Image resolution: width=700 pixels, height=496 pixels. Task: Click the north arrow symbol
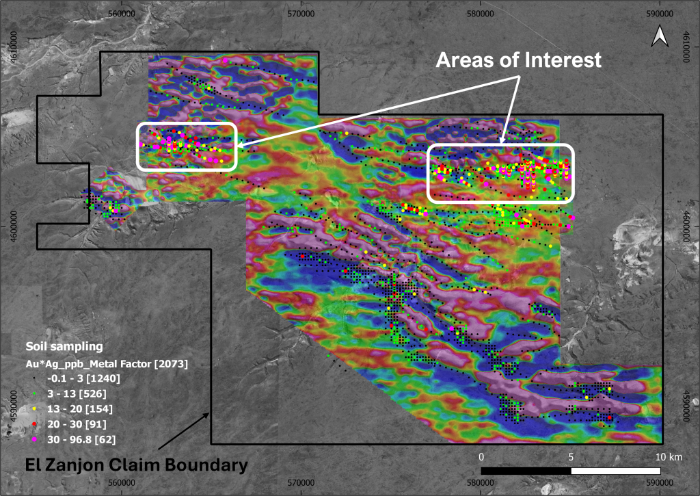coord(660,36)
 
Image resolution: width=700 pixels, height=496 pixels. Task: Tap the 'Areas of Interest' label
coord(519,60)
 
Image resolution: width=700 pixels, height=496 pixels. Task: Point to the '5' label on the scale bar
coord(571,456)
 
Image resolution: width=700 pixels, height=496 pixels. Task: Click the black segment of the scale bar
coord(526,471)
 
